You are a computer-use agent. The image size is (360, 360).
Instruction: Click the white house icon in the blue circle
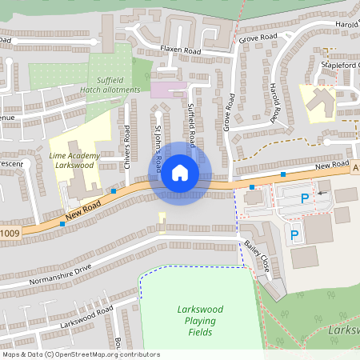(x=179, y=172)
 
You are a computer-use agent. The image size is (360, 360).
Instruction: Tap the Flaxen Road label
(x=180, y=50)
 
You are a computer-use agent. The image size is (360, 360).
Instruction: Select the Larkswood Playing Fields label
(x=200, y=320)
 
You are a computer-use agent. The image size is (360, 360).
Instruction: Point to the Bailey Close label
(x=258, y=256)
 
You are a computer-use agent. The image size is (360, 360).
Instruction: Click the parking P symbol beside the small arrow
(x=304, y=198)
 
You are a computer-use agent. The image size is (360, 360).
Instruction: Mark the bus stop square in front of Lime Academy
(x=114, y=191)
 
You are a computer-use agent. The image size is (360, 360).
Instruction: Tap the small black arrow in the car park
(x=322, y=193)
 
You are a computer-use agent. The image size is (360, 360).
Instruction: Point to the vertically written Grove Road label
(x=230, y=112)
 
